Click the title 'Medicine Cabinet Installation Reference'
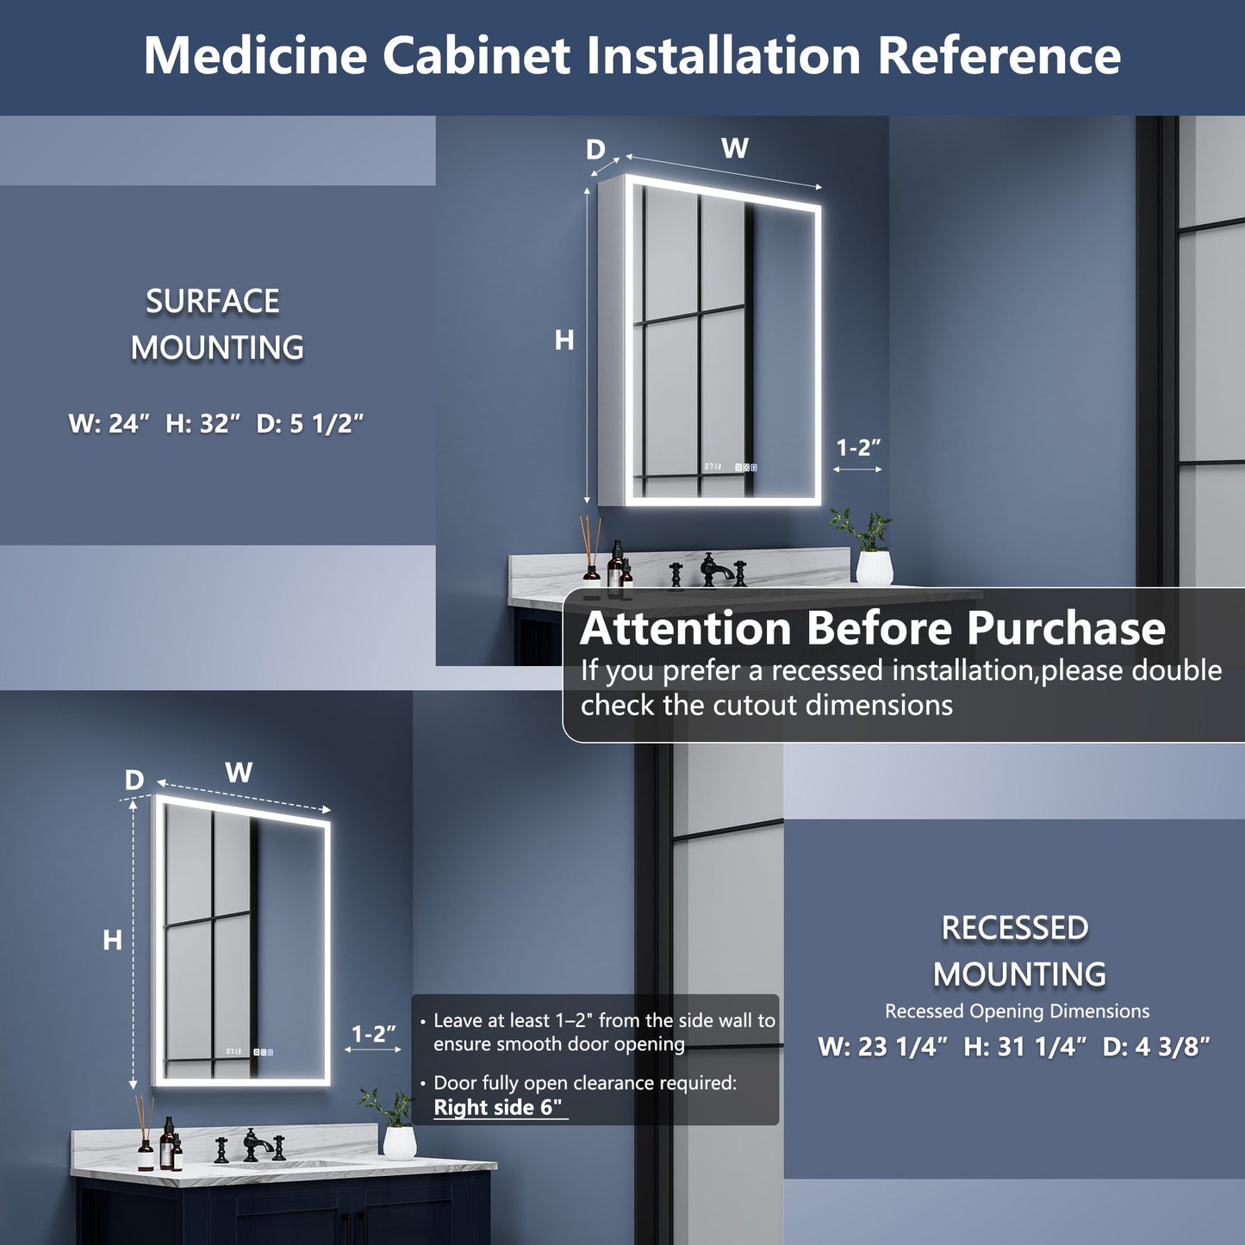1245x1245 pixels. [632, 55]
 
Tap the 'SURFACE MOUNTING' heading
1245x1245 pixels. [215, 325]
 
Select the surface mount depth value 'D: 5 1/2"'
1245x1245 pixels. [310, 424]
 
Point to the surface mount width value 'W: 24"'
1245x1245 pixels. [109, 424]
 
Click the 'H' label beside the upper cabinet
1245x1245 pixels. [564, 341]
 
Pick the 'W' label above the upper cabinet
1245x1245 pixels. [734, 149]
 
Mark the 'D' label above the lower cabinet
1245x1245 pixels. [134, 781]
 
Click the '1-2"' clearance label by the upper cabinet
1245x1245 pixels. [858, 448]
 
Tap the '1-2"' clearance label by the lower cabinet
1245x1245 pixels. [373, 1034]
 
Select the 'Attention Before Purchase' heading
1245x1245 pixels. [872, 628]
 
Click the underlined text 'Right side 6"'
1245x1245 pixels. [500, 1108]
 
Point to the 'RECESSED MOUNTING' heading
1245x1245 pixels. [1018, 951]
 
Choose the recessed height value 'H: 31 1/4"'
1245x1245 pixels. [1020, 1047]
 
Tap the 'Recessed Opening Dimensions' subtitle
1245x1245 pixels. [1017, 1012]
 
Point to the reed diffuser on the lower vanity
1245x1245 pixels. [145, 1137]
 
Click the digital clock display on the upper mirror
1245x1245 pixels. [713, 467]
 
